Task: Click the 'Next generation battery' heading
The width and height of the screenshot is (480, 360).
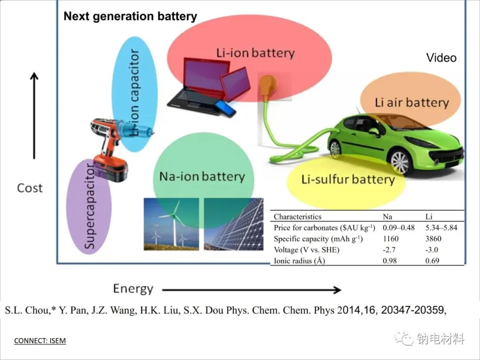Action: (130, 16)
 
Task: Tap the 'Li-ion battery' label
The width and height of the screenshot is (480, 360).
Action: (256, 53)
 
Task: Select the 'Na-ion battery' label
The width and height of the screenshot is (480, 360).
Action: (202, 176)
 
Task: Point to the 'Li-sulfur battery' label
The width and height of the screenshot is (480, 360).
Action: (348, 180)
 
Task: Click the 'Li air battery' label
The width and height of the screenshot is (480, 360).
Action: (412, 103)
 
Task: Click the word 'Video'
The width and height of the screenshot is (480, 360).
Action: (441, 58)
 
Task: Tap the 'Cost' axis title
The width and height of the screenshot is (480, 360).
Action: (30, 188)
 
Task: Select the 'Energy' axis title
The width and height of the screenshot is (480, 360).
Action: (133, 289)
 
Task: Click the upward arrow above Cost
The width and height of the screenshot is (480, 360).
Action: (34, 116)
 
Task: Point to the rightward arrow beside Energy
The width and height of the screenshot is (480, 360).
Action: (251, 290)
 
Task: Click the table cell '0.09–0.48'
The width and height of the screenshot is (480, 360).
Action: (399, 228)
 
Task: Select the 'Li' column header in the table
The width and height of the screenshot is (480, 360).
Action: (429, 216)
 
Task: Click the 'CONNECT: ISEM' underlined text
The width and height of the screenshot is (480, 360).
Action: (40, 341)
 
